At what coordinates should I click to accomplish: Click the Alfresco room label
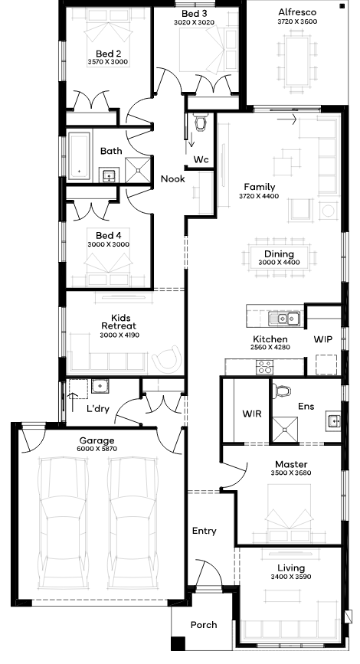tap(297, 12)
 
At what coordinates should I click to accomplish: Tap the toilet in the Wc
tap(201, 123)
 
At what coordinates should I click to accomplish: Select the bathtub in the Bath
tap(80, 154)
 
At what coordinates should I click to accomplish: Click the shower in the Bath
tap(138, 169)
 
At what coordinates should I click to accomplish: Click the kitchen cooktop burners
tap(265, 367)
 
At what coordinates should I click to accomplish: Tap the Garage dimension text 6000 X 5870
tap(97, 449)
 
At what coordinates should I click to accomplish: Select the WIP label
tap(322, 339)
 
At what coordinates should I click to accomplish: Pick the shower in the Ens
tap(285, 429)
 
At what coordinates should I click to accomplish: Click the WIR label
tap(251, 414)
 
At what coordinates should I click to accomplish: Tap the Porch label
tap(204, 625)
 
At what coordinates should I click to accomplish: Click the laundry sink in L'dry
tap(100, 386)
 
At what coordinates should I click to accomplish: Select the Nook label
tap(173, 178)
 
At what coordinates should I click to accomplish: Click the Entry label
tap(205, 531)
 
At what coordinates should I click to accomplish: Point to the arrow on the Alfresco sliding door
tap(286, 119)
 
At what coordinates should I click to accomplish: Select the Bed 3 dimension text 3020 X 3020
tap(194, 22)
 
